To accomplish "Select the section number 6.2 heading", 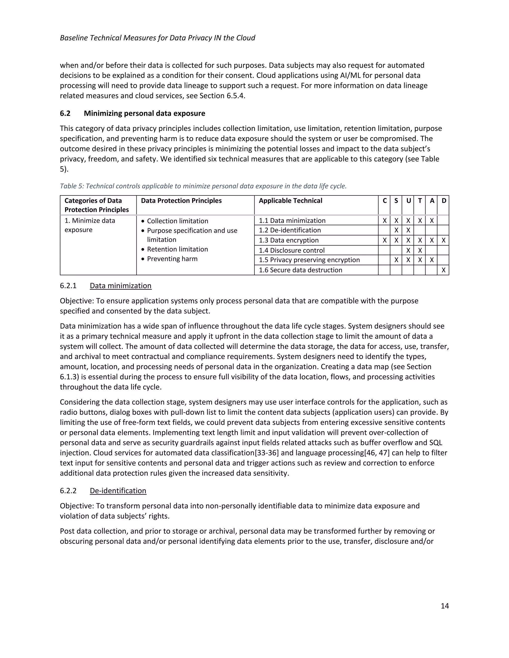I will [x=65, y=113].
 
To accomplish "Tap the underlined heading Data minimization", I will [x=121, y=286].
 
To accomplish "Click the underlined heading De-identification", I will [x=118, y=490].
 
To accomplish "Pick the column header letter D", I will [x=444, y=201].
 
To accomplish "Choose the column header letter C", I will [x=384, y=201].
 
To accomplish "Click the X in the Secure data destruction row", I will [x=443, y=270].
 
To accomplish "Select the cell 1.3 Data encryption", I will [x=289, y=240].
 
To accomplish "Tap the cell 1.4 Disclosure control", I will [x=292, y=250].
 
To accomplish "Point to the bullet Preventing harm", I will [x=172, y=259].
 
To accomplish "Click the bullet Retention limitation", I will [x=177, y=249].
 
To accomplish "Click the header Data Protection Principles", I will [x=181, y=201].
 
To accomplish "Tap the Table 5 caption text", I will [x=203, y=186].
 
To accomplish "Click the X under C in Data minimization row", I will [x=384, y=220].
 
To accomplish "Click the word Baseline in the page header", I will [x=74, y=38].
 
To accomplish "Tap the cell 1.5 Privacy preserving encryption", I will [x=309, y=260].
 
